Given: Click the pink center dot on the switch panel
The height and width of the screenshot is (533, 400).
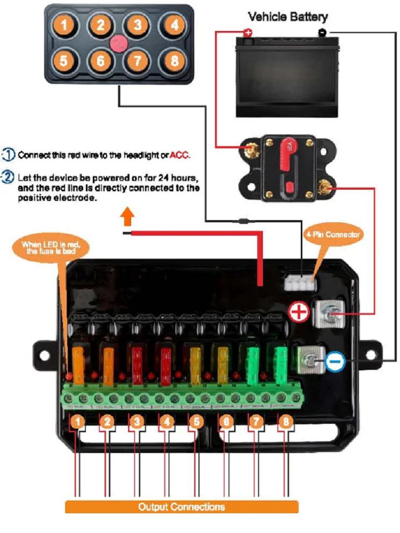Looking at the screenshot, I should tap(118, 43).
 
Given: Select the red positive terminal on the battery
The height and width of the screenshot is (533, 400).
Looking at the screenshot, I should tap(247, 33).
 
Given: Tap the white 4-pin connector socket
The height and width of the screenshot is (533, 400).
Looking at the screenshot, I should tap(300, 283).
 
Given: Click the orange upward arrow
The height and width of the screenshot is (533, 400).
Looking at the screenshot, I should tap(126, 217).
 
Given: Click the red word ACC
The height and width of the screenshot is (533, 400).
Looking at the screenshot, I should tap(180, 156).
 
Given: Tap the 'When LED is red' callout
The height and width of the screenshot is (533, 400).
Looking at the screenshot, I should tap(55, 248).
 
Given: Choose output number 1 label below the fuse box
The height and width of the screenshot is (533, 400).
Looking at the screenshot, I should tap(78, 422).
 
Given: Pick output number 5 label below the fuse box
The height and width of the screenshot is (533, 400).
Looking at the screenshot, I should tap(196, 422).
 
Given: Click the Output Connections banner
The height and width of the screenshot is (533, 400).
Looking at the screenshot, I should tap(181, 506).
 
